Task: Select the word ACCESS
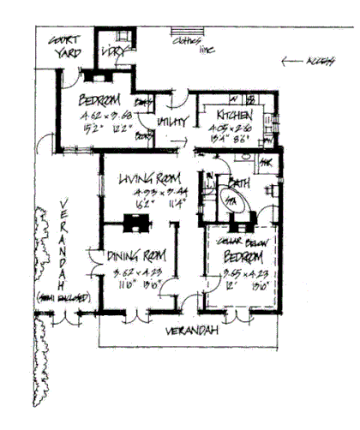click(321, 62)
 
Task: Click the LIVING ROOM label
click(146, 179)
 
